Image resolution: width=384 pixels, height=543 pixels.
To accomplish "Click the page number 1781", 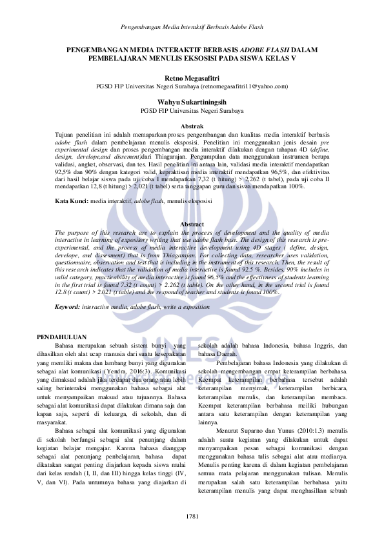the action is [x=192, y=518].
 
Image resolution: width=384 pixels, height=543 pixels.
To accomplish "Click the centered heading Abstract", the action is [x=192, y=223].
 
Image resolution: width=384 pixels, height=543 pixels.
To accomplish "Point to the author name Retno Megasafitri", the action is [x=192, y=77].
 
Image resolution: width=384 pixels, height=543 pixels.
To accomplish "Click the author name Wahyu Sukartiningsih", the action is [x=192, y=102].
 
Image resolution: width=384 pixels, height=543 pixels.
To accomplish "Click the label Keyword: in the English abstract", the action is [x=67, y=307].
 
